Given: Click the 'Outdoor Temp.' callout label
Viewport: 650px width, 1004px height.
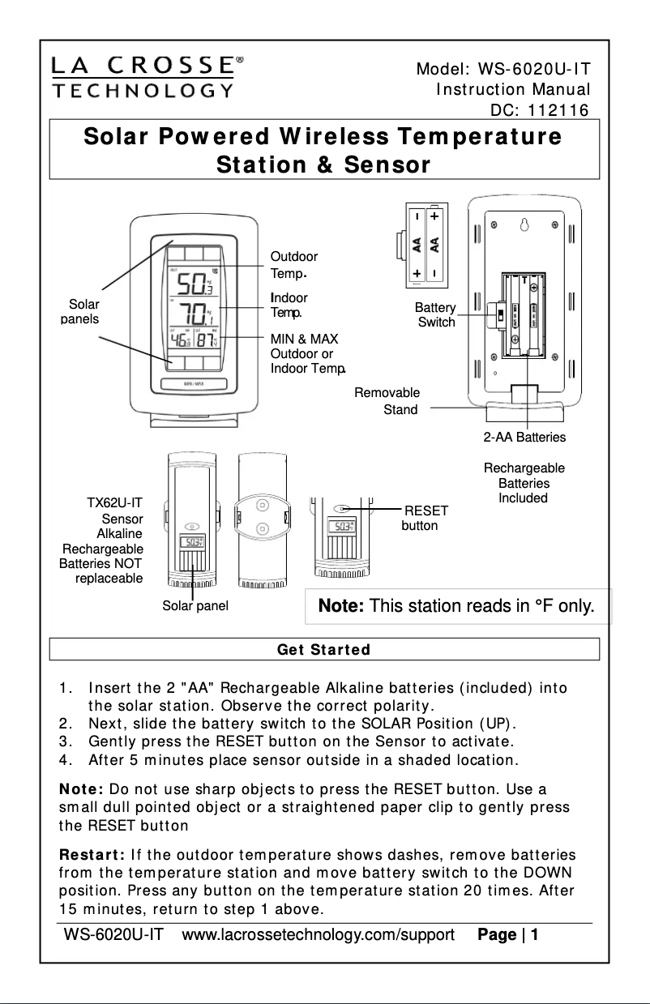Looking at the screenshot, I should pyautogui.click(x=293, y=264).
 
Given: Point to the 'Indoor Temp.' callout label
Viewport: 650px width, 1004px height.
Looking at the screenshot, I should pyautogui.click(x=289, y=305).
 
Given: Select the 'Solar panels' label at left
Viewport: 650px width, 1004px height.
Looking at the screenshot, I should pyautogui.click(x=83, y=311).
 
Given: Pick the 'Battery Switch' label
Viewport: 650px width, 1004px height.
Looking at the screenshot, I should pyautogui.click(x=435, y=315).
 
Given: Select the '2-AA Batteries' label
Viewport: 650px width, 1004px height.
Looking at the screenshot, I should pyautogui.click(x=524, y=438).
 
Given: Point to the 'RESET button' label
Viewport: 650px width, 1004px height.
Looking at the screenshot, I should pyautogui.click(x=423, y=518).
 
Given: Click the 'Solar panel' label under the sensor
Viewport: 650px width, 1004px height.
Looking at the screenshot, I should pyautogui.click(x=195, y=606).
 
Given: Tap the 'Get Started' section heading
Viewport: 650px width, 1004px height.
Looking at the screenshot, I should pyautogui.click(x=323, y=649).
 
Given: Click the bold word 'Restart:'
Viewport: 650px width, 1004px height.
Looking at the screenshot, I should pyautogui.click(x=90, y=855).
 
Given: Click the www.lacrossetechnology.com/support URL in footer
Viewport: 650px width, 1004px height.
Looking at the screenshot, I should pyautogui.click(x=319, y=935).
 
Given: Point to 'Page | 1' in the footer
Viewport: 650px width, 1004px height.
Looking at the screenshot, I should pyautogui.click(x=508, y=935).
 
